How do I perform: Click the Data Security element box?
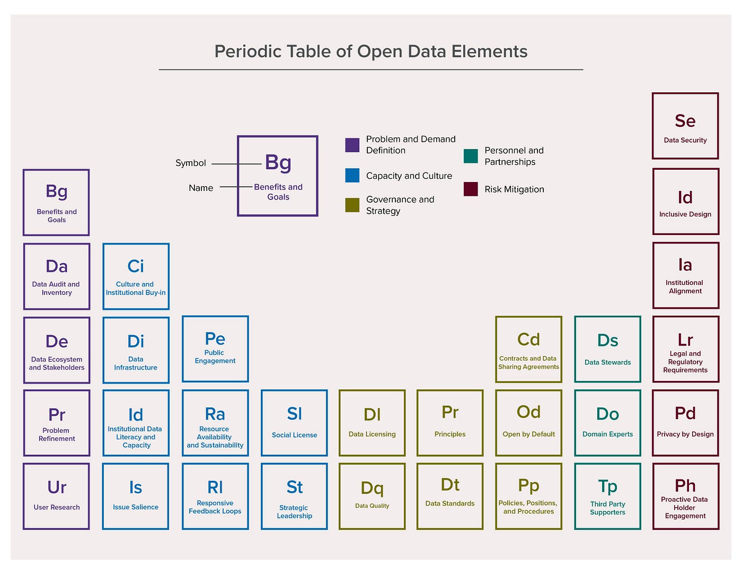[685, 126]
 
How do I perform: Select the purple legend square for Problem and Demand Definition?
[352, 145]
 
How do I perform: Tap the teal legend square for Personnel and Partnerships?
[471, 156]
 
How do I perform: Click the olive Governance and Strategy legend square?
[352, 205]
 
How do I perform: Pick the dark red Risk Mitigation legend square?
[471, 189]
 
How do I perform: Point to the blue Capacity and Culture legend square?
[352, 176]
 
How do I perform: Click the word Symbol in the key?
[191, 163]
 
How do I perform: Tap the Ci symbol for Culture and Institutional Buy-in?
[136, 266]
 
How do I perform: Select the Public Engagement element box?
[215, 349]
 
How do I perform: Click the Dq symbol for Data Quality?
[372, 488]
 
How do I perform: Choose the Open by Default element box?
[528, 423]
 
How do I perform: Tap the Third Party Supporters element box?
[607, 497]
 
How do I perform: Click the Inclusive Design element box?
[685, 202]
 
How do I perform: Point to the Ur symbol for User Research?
[57, 487]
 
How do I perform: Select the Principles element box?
[450, 423]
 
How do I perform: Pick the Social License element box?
[294, 423]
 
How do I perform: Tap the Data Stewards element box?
[607, 349]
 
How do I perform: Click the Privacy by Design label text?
[685, 434]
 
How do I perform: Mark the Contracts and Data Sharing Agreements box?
[528, 349]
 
